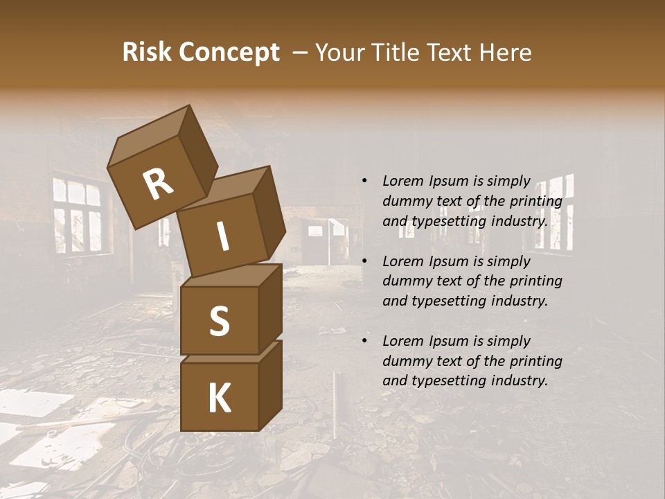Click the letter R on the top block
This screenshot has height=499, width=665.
pyautogui.click(x=158, y=184)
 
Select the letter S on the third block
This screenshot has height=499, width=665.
pyautogui.click(x=219, y=321)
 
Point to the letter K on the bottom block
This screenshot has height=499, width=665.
pyautogui.click(x=219, y=399)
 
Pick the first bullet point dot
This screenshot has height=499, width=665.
pyautogui.click(x=364, y=181)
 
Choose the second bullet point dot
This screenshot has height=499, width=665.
pyautogui.click(x=364, y=261)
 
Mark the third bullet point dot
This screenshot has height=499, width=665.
pyautogui.click(x=364, y=341)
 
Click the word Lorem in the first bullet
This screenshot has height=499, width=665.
pyautogui.click(x=401, y=181)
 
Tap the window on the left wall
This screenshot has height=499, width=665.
pyautogui.click(x=78, y=216)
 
